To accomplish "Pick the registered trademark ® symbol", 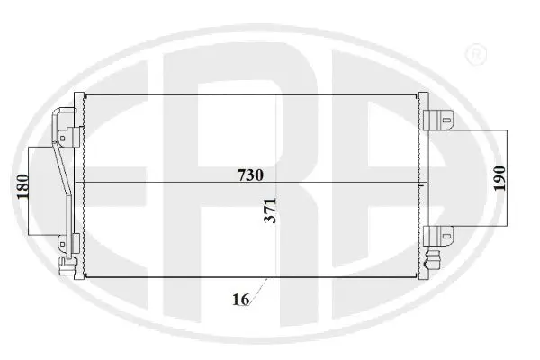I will point(474,57).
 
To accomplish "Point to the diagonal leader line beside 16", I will point(260,288).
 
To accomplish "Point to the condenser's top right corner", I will point(420,94).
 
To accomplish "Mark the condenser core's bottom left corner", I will point(84,277).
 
